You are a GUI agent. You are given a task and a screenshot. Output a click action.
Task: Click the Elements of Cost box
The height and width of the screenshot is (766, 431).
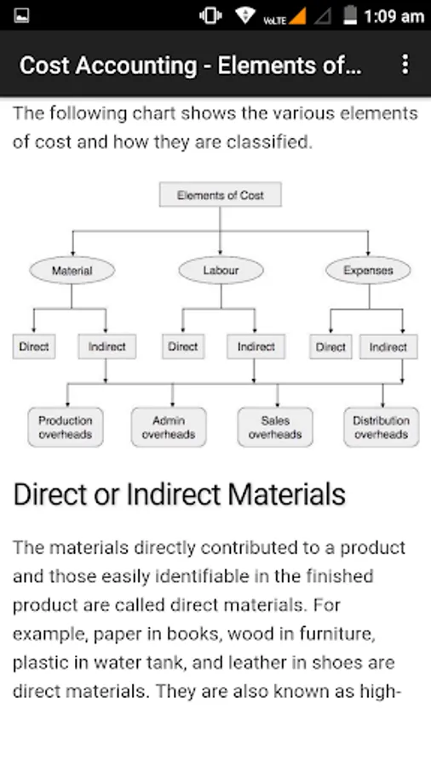220,194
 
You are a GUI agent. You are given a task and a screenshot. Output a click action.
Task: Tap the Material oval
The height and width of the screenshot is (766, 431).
72,270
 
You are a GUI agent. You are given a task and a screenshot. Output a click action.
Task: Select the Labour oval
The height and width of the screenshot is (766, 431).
221,270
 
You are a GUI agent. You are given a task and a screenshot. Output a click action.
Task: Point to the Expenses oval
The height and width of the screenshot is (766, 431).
368,270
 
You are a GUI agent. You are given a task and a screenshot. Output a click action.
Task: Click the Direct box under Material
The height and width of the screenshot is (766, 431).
34,347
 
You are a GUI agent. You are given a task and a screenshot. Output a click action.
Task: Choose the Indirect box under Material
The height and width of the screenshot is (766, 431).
107,347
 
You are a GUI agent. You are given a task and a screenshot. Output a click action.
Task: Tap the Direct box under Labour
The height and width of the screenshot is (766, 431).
183,347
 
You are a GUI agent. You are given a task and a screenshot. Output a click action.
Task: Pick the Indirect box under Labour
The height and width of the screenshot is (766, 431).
256,347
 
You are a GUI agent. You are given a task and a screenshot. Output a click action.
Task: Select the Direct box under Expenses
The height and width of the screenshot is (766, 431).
330,347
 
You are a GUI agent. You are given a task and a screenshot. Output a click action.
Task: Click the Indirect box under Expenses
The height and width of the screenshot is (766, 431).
388,347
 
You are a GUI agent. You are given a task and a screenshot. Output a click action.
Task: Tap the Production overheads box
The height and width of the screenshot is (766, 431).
66,427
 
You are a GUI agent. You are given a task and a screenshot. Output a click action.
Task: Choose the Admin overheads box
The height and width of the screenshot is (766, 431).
169,427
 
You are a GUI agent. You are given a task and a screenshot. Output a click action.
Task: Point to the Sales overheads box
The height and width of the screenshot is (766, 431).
275,427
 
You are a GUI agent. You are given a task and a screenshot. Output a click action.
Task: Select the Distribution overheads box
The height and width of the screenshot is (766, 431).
381,427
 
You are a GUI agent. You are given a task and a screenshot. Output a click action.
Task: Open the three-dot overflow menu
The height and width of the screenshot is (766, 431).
405,65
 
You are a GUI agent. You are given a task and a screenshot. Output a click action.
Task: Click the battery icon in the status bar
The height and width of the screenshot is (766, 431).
350,15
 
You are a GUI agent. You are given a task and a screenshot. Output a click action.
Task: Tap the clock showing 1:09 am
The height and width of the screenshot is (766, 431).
394,17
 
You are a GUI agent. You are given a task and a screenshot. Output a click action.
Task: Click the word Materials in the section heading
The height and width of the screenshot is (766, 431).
287,494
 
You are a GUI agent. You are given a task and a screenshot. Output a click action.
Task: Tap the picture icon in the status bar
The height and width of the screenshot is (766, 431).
21,15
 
